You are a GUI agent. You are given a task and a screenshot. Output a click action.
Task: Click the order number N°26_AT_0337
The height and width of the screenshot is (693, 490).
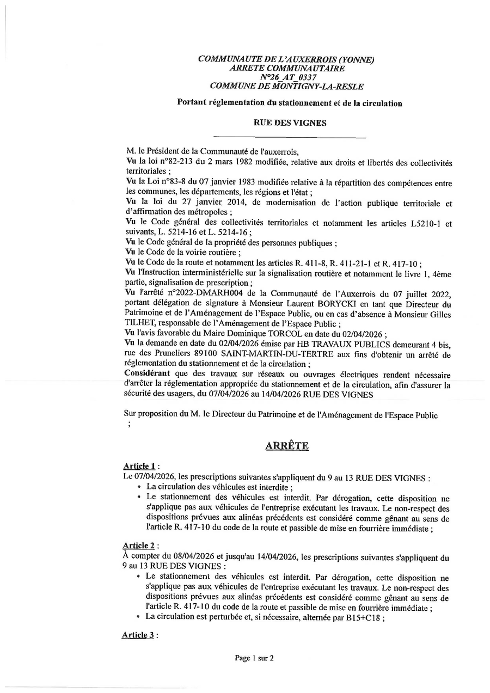point(286,77)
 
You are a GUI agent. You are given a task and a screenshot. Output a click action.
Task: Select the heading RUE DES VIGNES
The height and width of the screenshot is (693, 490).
point(290,123)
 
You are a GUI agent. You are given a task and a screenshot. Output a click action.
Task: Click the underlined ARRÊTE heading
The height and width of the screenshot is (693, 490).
point(287,446)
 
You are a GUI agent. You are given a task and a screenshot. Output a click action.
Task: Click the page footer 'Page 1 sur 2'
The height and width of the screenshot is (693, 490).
point(254,658)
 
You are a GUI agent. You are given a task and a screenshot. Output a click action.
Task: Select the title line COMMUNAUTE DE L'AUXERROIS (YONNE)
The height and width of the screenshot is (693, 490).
point(286,60)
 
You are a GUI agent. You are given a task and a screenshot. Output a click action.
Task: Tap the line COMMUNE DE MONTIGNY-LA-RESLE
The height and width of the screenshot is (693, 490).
point(286,86)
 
